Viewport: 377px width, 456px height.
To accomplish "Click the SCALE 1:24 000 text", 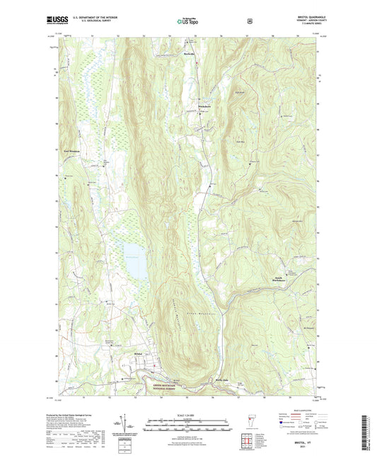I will [187, 415].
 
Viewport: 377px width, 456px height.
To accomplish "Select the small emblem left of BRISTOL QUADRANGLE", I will [250, 21].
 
